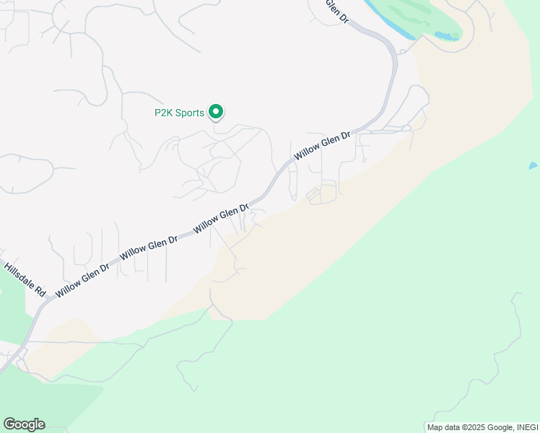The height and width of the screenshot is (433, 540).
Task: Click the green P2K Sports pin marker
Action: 215,112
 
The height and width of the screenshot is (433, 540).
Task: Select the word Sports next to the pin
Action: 191,113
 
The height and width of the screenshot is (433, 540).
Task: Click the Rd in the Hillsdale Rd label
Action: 40,292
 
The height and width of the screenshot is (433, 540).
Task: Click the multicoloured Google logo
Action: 24,424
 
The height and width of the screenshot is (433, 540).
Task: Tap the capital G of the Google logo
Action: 9,424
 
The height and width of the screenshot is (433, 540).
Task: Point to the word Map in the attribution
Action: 435,427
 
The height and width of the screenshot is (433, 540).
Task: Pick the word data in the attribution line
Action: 453,427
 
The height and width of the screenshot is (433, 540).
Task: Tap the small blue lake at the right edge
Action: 533,166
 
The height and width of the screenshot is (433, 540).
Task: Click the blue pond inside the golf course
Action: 448,35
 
